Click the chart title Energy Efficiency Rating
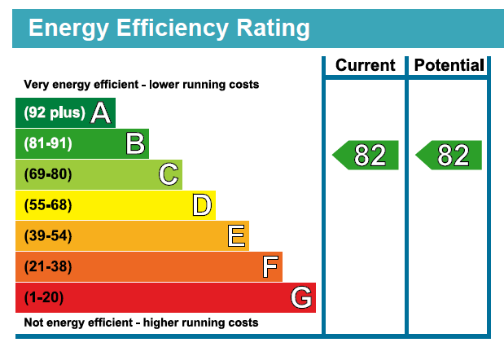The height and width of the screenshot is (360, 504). click(169, 29)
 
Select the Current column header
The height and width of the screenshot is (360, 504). click(365, 65)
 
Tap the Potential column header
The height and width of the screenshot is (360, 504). click(449, 65)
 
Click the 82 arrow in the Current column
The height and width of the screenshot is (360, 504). click(366, 155)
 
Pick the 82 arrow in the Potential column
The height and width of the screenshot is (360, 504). click(449, 155)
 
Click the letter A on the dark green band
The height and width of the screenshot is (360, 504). click(101, 113)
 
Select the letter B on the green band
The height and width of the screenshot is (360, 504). click(135, 144)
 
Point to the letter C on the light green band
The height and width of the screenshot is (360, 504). click(169, 174)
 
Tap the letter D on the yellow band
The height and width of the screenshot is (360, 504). click(202, 205)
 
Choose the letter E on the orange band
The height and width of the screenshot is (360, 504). click(236, 236)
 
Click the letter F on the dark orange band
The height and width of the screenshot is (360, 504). click(270, 267)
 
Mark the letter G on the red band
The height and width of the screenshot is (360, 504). click(301, 298)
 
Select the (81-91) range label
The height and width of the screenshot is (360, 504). click(48, 144)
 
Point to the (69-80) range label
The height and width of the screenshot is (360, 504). click(48, 174)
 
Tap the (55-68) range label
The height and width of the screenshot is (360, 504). click(48, 205)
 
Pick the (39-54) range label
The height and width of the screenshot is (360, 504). click(48, 236)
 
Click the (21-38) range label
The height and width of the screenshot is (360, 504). click(48, 267)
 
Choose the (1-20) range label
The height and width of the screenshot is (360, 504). click(45, 298)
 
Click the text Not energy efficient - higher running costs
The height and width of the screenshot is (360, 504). click(141, 323)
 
